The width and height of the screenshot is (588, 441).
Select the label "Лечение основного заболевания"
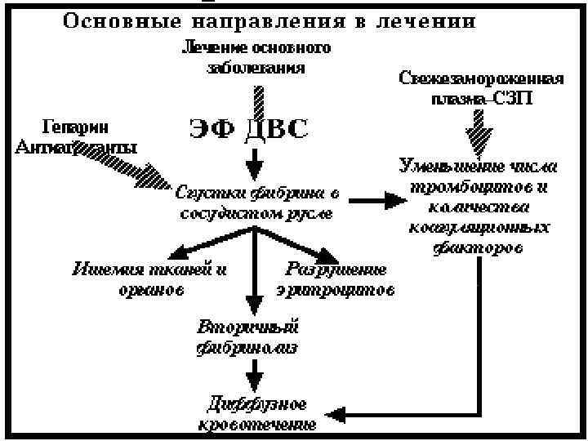(x=256, y=58)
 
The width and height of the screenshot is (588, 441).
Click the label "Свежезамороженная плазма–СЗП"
(x=480, y=87)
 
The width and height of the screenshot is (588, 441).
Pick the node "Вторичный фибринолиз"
(x=247, y=338)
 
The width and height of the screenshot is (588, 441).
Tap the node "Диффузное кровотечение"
(x=256, y=413)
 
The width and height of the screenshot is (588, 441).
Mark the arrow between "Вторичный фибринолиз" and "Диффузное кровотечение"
(x=256, y=377)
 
